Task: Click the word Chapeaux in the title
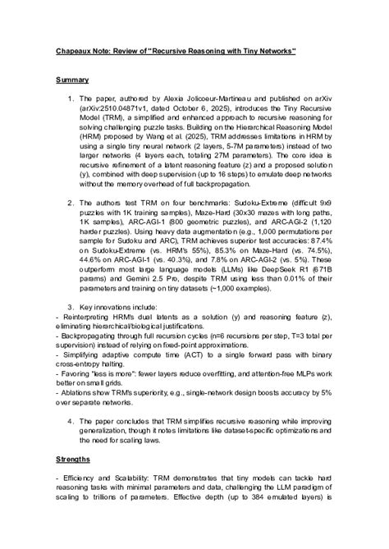coord(73,51)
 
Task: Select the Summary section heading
coord(72,80)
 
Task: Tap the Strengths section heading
coord(74,460)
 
